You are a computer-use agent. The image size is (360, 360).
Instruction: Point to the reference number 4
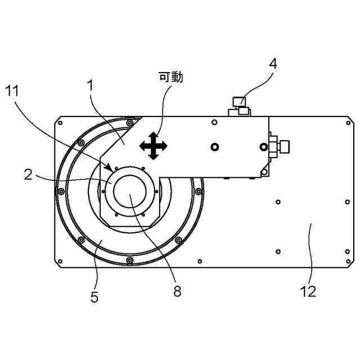coord(273,64)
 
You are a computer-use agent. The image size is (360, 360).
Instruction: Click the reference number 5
coord(94,298)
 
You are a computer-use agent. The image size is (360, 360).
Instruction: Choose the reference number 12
coord(308,291)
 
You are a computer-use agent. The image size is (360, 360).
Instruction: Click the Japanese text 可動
coord(171,77)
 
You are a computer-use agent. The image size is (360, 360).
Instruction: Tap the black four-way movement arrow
coord(153,146)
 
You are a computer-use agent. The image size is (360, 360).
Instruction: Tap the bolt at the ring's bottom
coord(130,260)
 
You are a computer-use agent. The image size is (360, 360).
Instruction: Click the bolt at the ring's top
coord(130,123)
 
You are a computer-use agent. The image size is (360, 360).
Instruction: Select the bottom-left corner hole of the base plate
coord(59,261)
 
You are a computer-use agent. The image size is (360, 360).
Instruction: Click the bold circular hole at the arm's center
coord(214,147)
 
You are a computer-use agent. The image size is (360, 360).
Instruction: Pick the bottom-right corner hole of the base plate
coord(348,261)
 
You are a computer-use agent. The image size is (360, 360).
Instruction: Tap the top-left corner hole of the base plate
coord(59,121)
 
